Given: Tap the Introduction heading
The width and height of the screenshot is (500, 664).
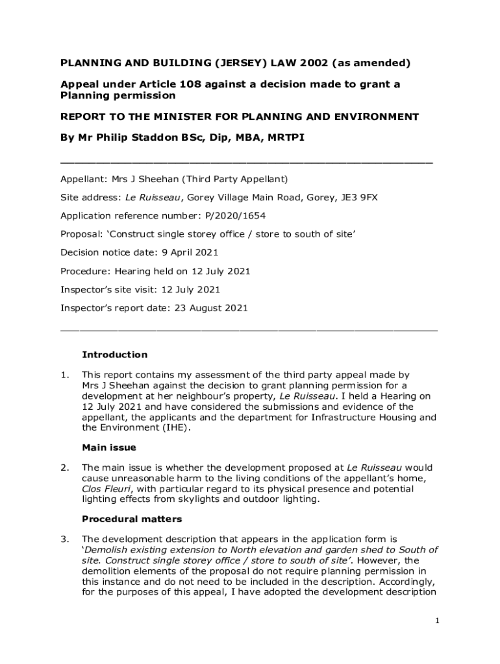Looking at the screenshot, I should click(x=114, y=355).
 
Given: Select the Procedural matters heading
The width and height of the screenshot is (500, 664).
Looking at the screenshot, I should click(x=132, y=519).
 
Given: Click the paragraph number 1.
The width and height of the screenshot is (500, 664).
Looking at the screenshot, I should click(x=64, y=375).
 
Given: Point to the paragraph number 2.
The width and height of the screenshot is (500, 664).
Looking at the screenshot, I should click(x=64, y=468).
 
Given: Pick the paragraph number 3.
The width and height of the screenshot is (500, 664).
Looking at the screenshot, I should click(x=64, y=539).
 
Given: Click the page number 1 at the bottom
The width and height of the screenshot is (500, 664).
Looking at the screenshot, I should click(x=438, y=621).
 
